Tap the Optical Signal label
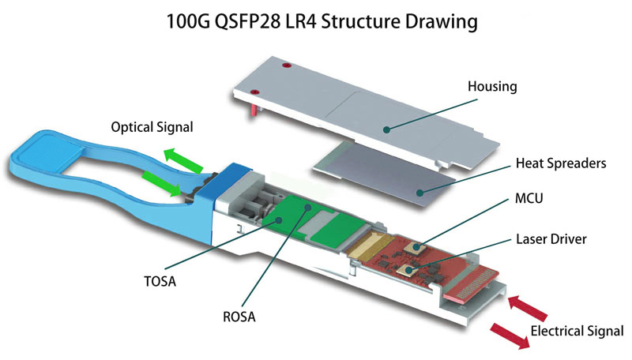(152, 126)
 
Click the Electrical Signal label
(577, 331)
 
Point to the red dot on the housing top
(288, 66)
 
